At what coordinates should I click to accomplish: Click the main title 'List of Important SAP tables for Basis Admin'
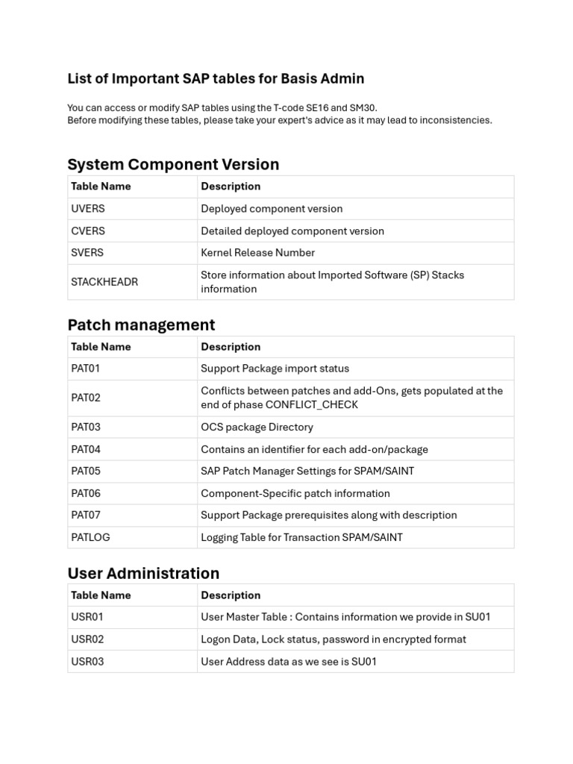click(x=216, y=78)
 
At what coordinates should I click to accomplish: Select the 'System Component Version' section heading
click(x=173, y=164)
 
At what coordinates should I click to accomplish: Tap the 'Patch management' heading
click(x=141, y=325)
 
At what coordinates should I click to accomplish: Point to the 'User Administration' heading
click(x=143, y=573)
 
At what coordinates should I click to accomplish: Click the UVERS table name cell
click(x=88, y=209)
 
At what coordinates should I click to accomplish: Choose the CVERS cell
click(x=88, y=231)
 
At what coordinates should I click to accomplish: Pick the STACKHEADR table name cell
click(x=104, y=282)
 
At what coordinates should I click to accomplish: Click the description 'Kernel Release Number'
click(x=257, y=253)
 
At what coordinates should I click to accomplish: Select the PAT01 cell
click(x=86, y=369)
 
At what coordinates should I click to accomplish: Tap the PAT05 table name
click(x=86, y=471)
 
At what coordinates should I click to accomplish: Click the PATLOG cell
click(x=90, y=537)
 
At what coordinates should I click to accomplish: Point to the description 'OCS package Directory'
click(x=257, y=427)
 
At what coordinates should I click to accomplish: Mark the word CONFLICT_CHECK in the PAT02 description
click(x=312, y=404)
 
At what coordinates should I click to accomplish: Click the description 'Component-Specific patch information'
click(x=294, y=493)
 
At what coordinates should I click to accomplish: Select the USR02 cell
click(x=87, y=639)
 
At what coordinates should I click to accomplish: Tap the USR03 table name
click(x=87, y=661)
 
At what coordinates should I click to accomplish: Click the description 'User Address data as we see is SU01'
click(x=289, y=661)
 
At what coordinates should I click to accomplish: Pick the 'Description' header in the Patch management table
click(x=231, y=347)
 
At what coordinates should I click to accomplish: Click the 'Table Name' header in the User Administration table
click(x=101, y=595)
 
